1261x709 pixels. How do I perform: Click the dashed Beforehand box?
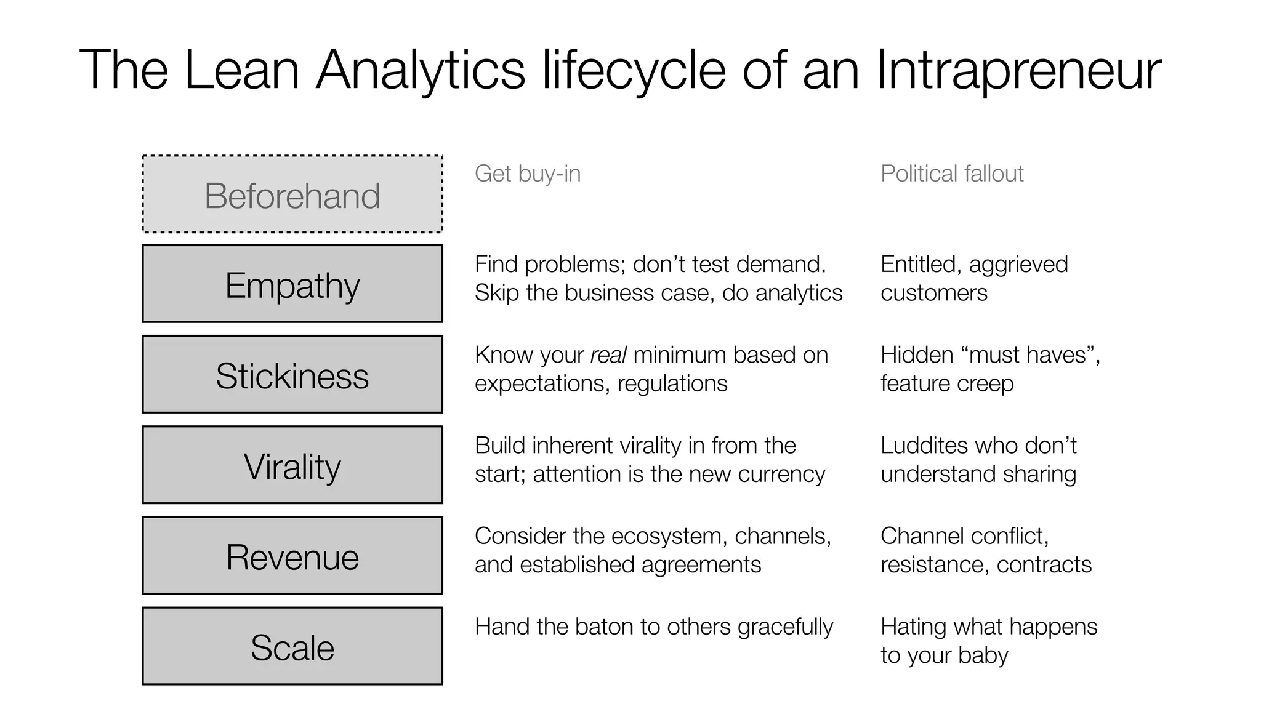pyautogui.click(x=292, y=194)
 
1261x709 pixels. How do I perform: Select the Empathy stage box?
pyautogui.click(x=292, y=284)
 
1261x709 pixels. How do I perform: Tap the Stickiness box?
pyautogui.click(x=292, y=375)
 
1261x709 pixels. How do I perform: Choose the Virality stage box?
pyautogui.click(x=292, y=465)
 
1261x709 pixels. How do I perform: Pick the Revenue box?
pyautogui.click(x=292, y=556)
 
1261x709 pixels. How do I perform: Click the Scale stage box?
pyautogui.click(x=292, y=646)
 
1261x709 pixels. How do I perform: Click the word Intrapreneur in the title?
pyautogui.click(x=1018, y=70)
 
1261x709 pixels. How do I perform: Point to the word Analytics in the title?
pyautogui.click(x=421, y=70)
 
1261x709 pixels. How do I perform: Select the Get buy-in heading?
pyautogui.click(x=528, y=174)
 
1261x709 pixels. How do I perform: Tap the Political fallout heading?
pyautogui.click(x=952, y=174)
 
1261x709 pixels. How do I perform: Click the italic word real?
pyautogui.click(x=608, y=355)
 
